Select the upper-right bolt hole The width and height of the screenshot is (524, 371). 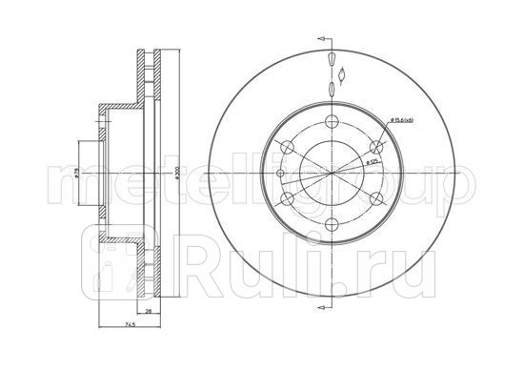pyautogui.click(x=375, y=146)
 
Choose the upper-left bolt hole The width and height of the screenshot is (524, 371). pyautogui.click(x=285, y=146)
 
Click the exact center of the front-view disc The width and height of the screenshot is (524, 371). pyautogui.click(x=330, y=173)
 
